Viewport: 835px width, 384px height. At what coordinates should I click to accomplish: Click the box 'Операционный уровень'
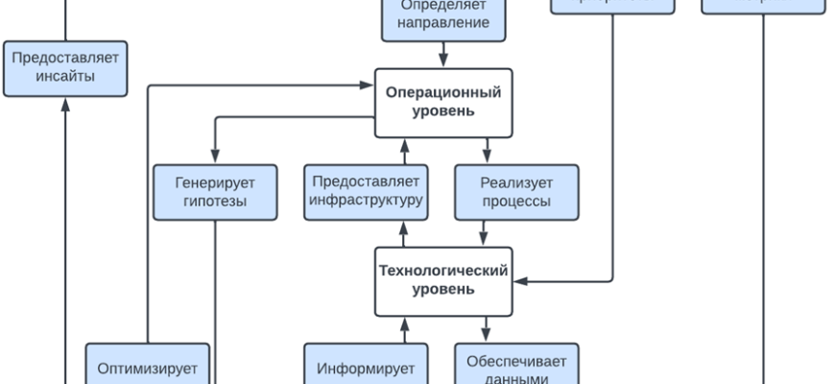(443, 103)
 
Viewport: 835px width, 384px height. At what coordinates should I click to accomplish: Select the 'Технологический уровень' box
(443, 280)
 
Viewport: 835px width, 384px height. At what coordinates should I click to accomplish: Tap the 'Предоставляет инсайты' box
(65, 67)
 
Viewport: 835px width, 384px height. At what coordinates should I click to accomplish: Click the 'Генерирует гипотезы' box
(215, 192)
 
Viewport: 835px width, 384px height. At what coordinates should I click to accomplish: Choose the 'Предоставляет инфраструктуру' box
(366, 192)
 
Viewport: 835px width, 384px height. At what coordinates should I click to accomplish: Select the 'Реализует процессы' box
(516, 192)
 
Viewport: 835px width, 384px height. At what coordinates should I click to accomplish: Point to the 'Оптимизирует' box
(148, 365)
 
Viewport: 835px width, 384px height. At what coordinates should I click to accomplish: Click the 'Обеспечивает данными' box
(516, 365)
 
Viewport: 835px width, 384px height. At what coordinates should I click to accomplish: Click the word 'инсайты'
(65, 77)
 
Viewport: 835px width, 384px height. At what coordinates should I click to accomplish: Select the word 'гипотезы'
(215, 202)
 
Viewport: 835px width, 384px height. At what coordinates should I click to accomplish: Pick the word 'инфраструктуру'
(366, 202)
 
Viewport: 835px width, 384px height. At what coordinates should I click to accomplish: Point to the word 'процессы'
(516, 202)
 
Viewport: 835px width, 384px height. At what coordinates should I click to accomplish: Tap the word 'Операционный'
(443, 93)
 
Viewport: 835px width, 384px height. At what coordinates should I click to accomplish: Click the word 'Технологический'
(443, 271)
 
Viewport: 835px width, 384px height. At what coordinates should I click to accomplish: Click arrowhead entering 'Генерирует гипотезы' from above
(215, 157)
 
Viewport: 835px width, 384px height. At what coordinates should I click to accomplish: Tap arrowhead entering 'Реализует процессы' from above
(487, 157)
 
